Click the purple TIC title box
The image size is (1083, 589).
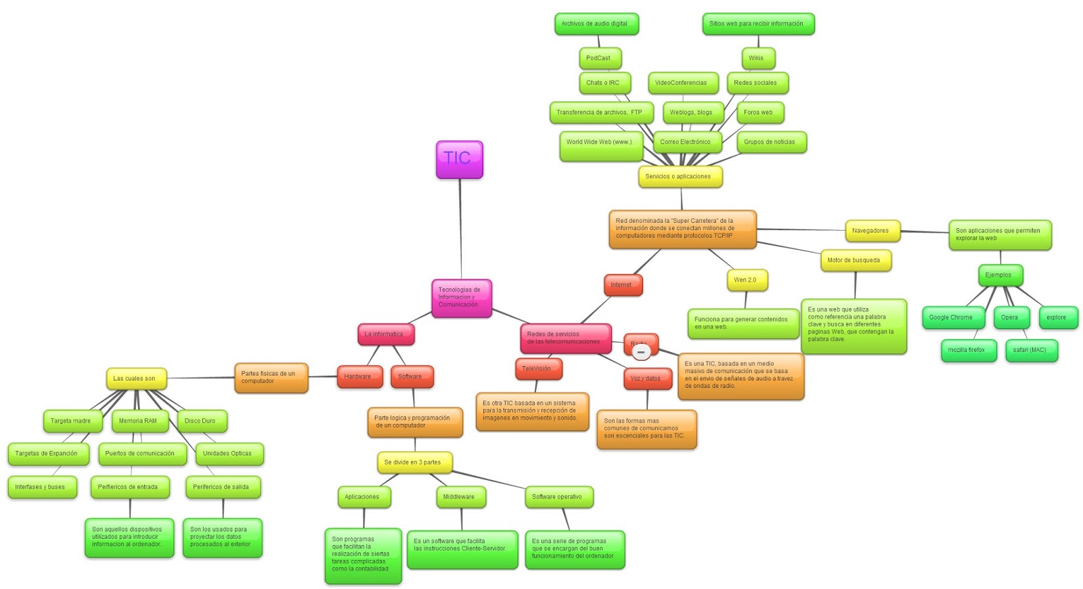459,159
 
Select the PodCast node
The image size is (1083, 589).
599,58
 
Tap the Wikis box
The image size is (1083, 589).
757,58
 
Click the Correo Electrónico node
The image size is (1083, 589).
686,142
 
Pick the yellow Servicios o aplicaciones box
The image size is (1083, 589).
679,177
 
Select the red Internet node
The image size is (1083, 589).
622,285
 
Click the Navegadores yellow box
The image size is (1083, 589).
871,231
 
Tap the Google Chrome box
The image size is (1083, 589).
951,318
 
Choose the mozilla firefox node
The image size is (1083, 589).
967,350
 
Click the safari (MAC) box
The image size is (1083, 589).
1030,350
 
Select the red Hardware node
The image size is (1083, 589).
358,376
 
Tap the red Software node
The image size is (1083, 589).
411,376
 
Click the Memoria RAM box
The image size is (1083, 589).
138,421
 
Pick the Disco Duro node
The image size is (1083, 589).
201,421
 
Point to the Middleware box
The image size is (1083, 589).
460,497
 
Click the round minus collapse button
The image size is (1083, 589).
641,352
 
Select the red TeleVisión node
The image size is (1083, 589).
537,369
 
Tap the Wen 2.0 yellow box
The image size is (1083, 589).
746,280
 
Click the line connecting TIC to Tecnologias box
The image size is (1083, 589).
460,230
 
